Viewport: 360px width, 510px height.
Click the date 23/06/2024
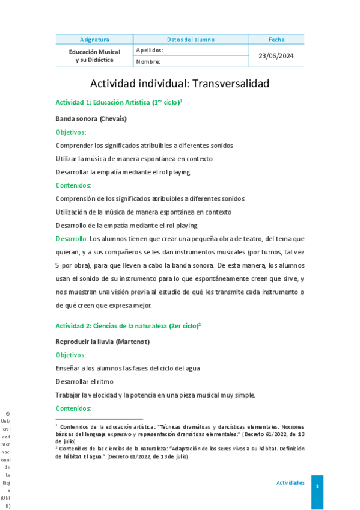click(276, 56)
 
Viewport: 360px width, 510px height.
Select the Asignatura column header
click(94, 40)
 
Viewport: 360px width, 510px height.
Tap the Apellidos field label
click(149, 51)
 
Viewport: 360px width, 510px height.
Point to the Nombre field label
click(148, 61)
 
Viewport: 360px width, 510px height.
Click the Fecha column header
click(276, 40)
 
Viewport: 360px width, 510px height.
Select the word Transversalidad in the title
click(231, 84)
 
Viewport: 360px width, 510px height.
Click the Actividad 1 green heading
click(118, 103)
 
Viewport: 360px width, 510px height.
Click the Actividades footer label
click(290, 483)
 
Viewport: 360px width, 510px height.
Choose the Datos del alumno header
click(190, 40)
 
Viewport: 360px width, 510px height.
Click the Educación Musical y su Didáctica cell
click(94, 56)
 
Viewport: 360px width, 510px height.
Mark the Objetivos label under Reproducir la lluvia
click(70, 355)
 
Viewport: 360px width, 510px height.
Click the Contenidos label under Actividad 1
click(73, 185)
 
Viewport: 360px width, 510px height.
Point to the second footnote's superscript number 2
click(56, 447)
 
